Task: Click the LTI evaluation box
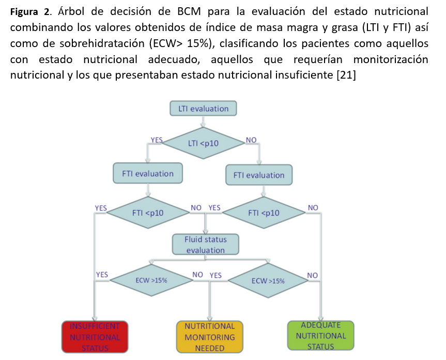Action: tap(203, 109)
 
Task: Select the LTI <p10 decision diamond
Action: tap(203, 143)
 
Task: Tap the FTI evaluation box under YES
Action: tap(148, 173)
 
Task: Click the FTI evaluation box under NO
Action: tap(259, 175)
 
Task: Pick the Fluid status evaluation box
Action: tap(205, 245)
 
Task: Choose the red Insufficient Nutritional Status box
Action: tap(95, 337)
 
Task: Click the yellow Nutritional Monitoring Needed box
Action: tap(209, 337)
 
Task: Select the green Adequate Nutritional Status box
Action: tap(321, 336)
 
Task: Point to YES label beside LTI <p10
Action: tap(156, 140)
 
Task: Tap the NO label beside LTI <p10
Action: tap(251, 140)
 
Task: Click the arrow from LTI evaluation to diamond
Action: tap(203, 122)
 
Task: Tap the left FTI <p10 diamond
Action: tap(148, 213)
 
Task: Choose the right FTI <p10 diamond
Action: tap(264, 213)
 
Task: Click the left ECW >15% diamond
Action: tap(151, 280)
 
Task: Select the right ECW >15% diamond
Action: tap(268, 280)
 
